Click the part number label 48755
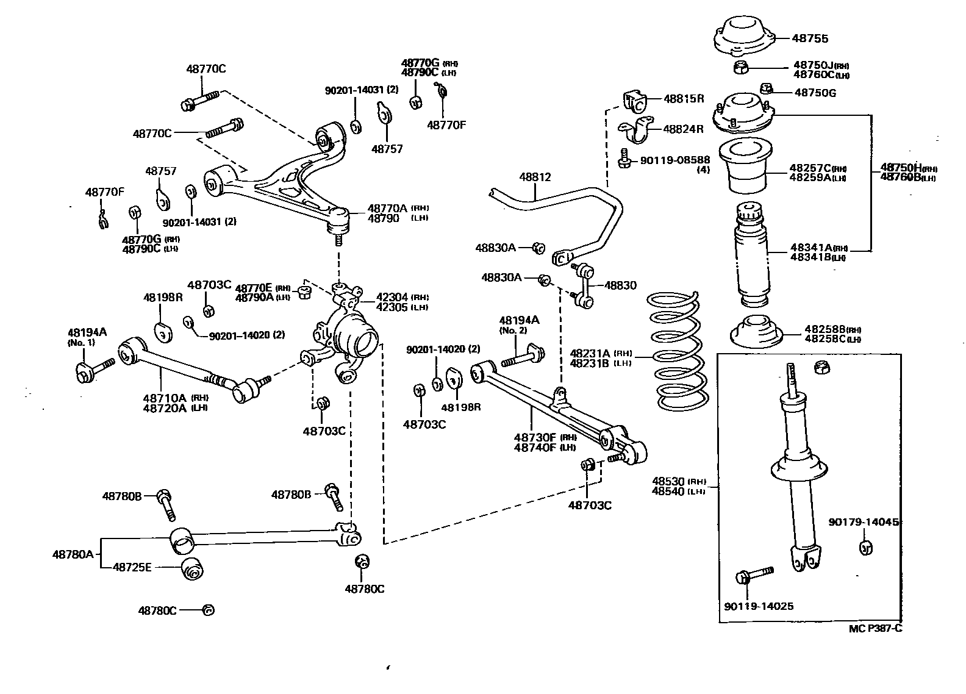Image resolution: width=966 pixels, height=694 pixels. pos(810,38)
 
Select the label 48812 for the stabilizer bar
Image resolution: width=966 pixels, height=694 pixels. pos(535,177)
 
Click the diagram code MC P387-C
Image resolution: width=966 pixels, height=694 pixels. pos(875,629)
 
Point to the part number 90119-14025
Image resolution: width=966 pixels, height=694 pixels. pos(759,606)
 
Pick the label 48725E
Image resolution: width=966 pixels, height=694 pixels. pos(132,567)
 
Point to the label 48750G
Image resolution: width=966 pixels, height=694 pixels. pos(815,93)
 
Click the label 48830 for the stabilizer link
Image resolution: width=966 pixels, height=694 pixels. pos(620,285)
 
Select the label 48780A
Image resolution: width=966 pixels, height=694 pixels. pos(73,554)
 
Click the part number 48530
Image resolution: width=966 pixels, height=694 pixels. pos(669,481)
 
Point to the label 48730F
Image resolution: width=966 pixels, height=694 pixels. pos(535,437)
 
